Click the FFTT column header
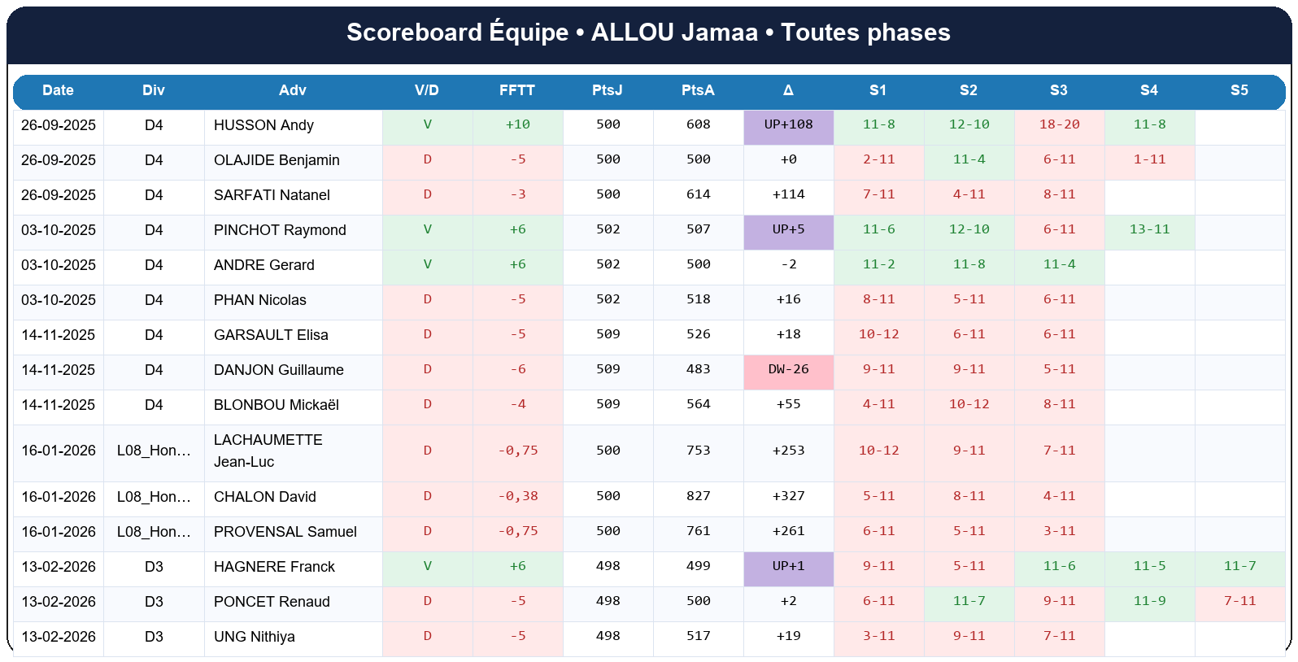pos(517,90)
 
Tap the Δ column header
pos(788,90)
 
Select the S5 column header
pos(1239,90)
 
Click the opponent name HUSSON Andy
pos(264,125)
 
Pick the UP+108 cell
pos(788,125)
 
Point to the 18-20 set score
pos(1059,125)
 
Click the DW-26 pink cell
pos(788,370)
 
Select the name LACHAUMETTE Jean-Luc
pos(268,451)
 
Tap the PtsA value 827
pos(698,497)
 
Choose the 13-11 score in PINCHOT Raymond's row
pos(1149,230)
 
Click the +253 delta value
pos(788,451)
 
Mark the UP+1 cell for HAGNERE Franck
pos(788,567)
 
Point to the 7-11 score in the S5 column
pos(1239,602)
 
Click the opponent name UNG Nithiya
pos(254,637)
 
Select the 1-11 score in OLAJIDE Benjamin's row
pos(1149,160)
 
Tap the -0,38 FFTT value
pos(517,497)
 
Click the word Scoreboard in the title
pos(414,33)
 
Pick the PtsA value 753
pos(698,451)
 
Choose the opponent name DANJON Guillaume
pos(278,370)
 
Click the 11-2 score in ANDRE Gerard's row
pos(878,265)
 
